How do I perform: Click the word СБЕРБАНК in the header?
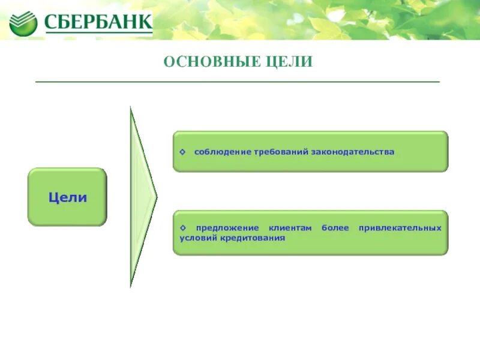click(x=97, y=23)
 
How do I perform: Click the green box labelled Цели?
click(x=67, y=197)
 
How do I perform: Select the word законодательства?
click(x=352, y=152)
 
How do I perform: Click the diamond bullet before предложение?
click(x=183, y=229)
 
